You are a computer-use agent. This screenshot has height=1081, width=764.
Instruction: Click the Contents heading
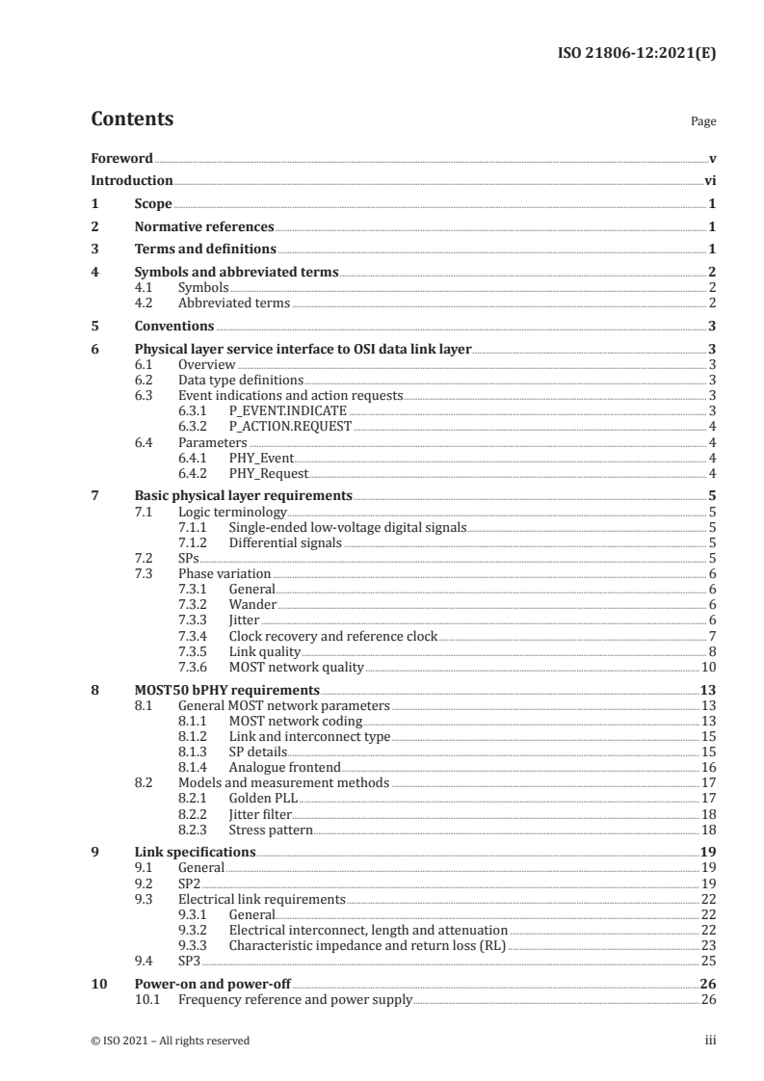tap(132, 119)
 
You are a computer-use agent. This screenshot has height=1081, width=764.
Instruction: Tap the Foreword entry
tap(121, 158)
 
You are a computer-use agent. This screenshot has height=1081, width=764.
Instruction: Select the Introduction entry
tap(131, 180)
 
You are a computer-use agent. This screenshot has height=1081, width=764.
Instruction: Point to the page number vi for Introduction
tap(709, 180)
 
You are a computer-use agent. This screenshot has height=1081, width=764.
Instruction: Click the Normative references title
tap(204, 226)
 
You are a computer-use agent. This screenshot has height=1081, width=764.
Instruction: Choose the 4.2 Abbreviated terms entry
tap(234, 303)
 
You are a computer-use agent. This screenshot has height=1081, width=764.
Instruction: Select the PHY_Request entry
tap(269, 472)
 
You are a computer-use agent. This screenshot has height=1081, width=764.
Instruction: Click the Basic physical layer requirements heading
tap(243, 495)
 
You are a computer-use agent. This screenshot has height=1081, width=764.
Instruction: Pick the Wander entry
tap(252, 604)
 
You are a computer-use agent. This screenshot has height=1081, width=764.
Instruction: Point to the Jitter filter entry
tap(260, 814)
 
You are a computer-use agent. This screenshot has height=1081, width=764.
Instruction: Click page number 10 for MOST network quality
tap(708, 666)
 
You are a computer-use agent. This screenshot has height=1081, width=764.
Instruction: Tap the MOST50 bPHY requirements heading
tap(226, 690)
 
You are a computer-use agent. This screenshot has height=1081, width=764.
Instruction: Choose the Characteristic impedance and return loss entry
tap(366, 945)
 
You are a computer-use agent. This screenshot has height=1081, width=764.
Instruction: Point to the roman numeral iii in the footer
tap(710, 1041)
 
